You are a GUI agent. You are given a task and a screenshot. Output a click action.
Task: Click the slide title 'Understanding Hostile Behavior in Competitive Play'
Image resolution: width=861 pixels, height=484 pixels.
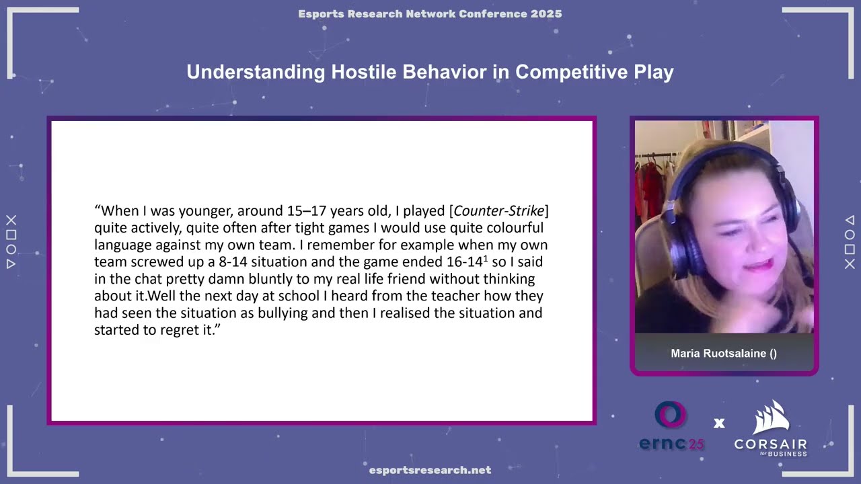point(430,72)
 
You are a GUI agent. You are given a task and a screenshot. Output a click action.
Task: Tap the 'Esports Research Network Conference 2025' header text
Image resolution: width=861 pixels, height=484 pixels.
point(430,14)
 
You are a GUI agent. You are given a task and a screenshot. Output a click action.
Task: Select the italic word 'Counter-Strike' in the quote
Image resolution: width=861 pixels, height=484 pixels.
point(498,211)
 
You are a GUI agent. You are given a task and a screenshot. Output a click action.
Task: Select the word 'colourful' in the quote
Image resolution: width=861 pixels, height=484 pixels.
point(513,228)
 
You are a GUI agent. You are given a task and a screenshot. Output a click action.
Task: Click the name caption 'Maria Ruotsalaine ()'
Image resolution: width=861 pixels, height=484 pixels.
point(724,354)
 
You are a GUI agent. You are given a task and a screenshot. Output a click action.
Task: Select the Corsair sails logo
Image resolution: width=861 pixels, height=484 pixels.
point(770,417)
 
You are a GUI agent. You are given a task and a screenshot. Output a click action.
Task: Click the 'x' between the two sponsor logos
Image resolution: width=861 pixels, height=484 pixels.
point(719,424)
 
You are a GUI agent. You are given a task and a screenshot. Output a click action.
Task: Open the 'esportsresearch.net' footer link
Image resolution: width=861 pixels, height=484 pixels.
point(430,471)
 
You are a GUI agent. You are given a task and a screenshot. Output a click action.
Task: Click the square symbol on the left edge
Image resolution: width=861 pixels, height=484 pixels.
point(11,235)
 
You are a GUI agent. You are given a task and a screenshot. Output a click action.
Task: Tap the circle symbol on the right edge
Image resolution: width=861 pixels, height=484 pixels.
point(850,235)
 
